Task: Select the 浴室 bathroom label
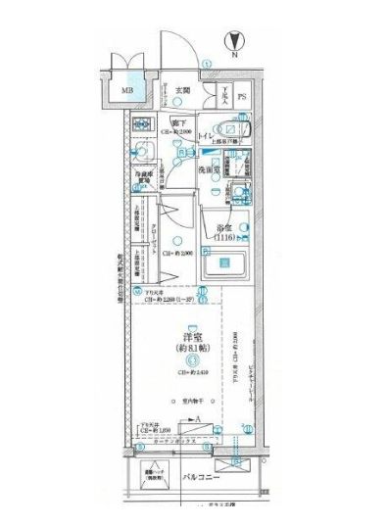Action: coord(224,227)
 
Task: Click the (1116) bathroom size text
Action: coord(225,238)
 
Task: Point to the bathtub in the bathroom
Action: coord(223,263)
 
